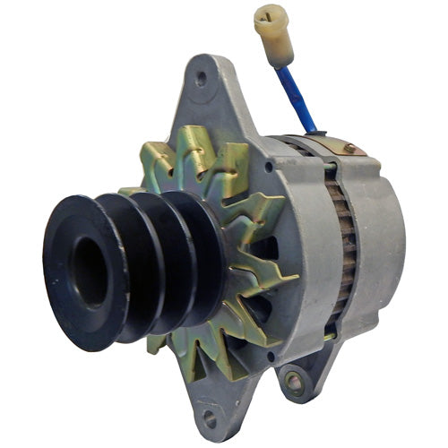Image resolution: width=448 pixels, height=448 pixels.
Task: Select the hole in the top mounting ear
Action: (200, 78)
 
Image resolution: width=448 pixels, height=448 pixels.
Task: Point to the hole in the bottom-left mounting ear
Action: (210, 417)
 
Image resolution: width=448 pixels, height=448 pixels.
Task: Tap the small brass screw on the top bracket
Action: (349, 149)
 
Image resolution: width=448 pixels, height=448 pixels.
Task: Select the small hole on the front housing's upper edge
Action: (269, 166)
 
